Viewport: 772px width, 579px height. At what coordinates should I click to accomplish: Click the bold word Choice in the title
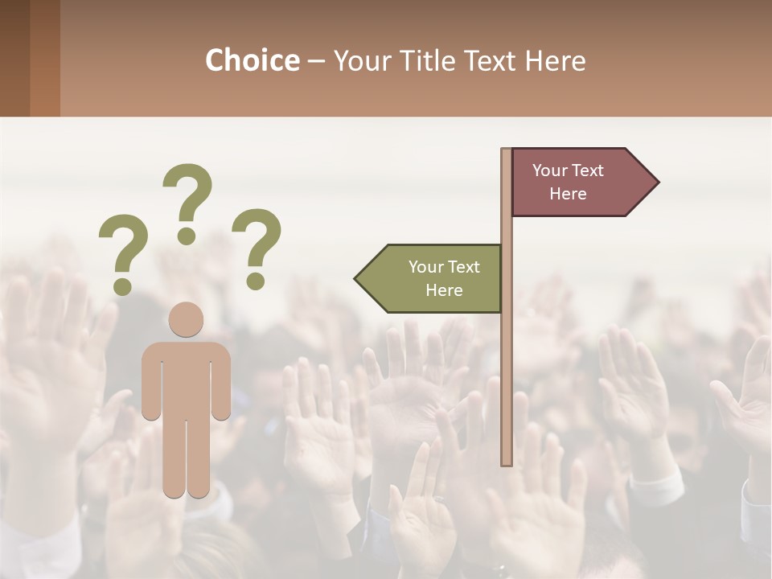coord(252,60)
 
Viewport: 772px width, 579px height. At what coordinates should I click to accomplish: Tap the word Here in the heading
coord(555,60)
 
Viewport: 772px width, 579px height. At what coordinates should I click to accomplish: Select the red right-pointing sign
coord(575,183)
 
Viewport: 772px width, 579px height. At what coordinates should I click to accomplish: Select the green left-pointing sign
coord(434,278)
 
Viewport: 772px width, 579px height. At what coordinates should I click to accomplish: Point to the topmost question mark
coord(187,201)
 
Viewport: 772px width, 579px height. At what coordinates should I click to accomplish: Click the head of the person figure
coord(187,319)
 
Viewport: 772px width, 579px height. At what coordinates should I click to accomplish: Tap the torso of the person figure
coord(187,378)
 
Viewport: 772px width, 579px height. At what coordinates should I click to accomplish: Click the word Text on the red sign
coord(588,170)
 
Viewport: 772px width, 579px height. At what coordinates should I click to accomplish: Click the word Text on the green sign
coord(463,267)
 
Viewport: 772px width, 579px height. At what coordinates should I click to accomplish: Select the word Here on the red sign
coord(568,194)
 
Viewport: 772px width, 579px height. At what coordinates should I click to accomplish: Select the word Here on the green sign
coord(444,290)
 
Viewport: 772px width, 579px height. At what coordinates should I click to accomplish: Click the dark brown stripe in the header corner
coord(14,58)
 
